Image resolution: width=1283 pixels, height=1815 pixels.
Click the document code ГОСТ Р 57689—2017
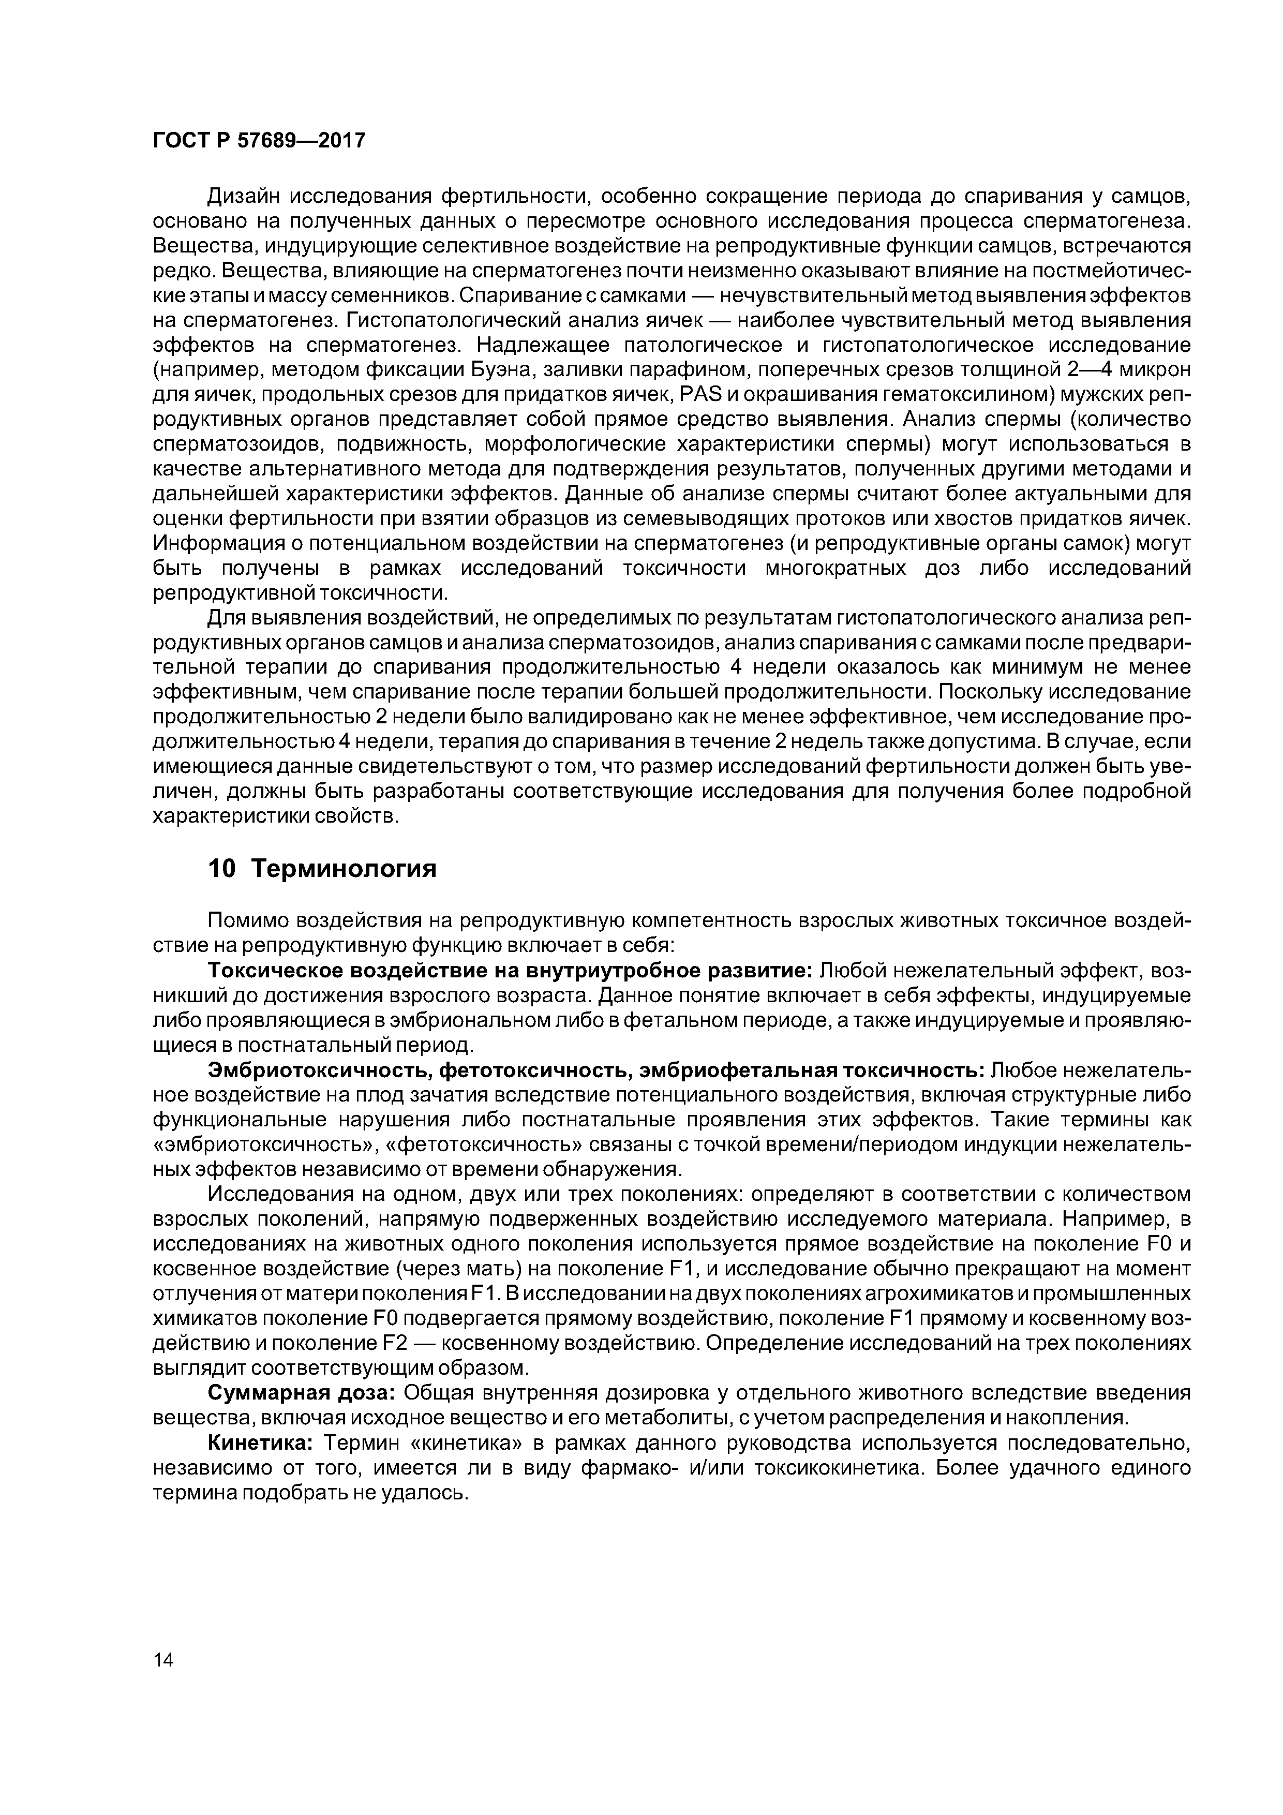(x=259, y=141)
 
